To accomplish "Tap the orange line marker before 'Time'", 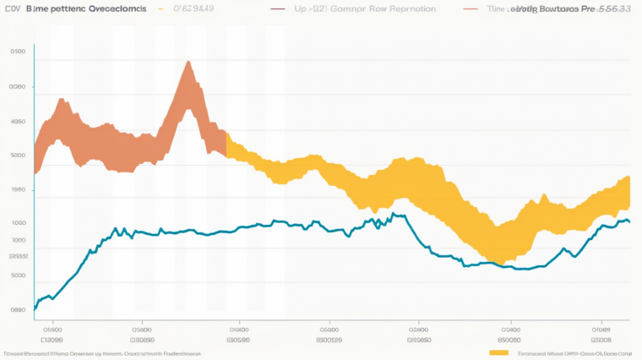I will click(x=470, y=8).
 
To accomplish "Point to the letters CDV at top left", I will click(x=11, y=8).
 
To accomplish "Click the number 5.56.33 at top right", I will click(x=617, y=8).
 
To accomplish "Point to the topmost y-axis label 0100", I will click(x=18, y=52).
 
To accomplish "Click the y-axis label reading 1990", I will click(x=18, y=190).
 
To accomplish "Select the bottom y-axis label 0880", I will click(x=18, y=309).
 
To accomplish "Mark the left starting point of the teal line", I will click(x=35, y=308).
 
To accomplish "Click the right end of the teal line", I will click(x=629, y=221).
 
